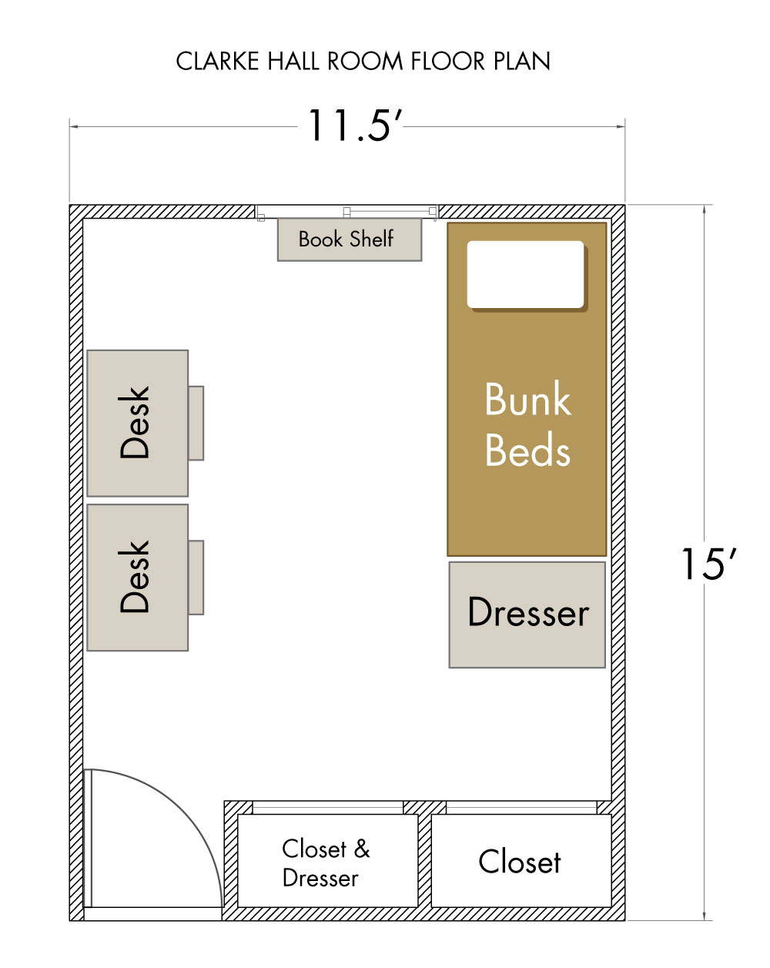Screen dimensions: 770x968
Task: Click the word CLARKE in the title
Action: pos(217,61)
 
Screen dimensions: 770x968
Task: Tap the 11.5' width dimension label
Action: pos(354,126)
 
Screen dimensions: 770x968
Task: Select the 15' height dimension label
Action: pos(708,564)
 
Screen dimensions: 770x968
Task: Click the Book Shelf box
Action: pos(349,239)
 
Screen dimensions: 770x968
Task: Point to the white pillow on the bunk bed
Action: pos(526,275)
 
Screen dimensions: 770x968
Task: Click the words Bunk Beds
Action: pos(527,424)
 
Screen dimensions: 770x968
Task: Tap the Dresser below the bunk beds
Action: pos(527,615)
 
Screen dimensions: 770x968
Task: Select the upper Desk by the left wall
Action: pos(137,423)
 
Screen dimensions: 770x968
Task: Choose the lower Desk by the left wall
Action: pos(137,577)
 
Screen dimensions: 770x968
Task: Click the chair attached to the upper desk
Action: pos(196,423)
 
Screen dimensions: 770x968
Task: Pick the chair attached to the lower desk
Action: pos(196,577)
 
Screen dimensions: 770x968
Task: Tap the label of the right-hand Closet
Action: pos(520,862)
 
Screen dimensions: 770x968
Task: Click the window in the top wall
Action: pos(346,212)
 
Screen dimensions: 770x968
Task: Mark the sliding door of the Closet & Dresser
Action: pos(327,807)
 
